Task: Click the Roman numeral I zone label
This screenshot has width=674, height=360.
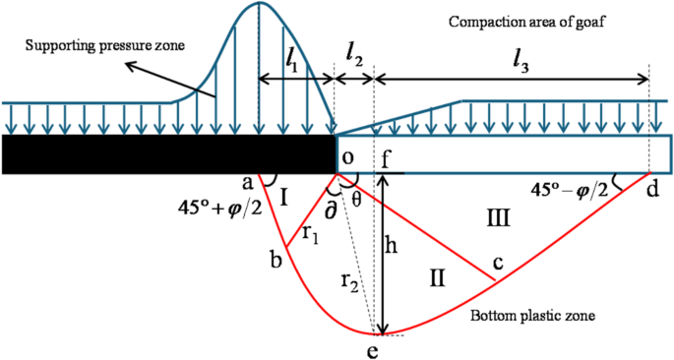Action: click(x=283, y=200)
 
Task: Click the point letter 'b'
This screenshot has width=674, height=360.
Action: click(x=275, y=259)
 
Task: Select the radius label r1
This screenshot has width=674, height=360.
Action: click(x=310, y=234)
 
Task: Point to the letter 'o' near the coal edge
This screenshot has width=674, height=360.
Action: click(x=347, y=158)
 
